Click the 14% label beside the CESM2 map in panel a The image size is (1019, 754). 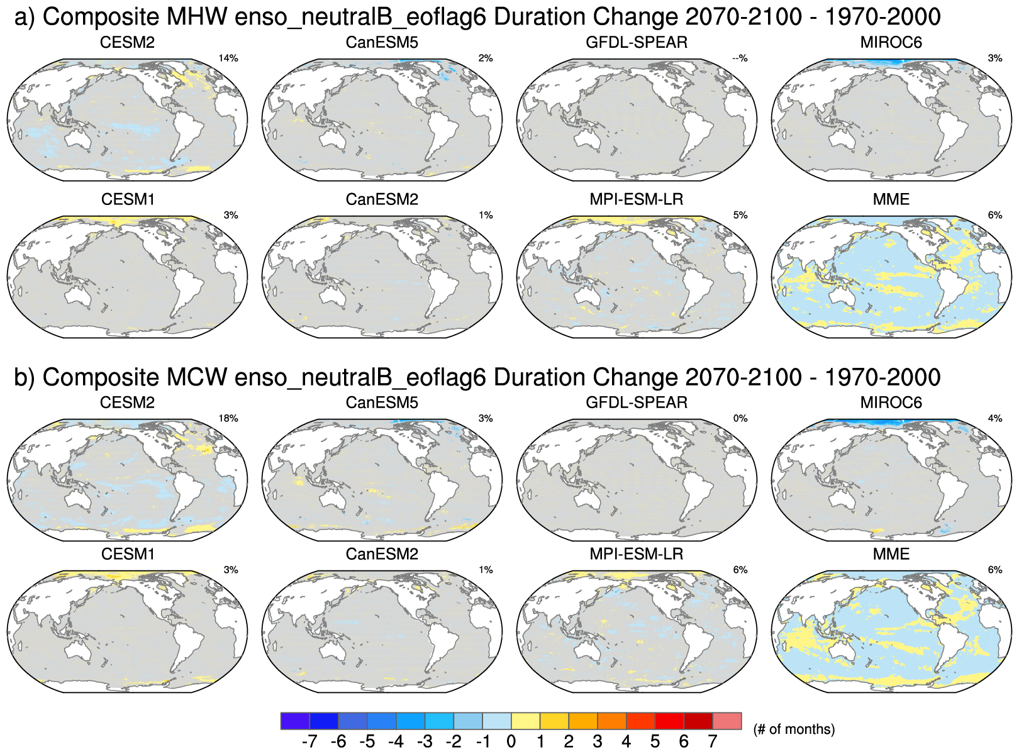click(228, 58)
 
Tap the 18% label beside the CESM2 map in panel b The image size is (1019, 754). click(228, 419)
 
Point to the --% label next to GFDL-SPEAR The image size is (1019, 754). click(740, 58)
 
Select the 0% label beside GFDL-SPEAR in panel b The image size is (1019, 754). click(740, 419)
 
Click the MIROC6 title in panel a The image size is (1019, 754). click(891, 43)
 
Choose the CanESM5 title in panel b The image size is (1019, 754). click(382, 403)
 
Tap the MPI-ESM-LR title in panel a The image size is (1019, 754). click(637, 200)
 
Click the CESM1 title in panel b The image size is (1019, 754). click(128, 555)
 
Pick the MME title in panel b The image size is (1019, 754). click(891, 555)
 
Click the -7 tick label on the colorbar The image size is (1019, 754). click(309, 742)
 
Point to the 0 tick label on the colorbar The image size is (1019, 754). click(511, 742)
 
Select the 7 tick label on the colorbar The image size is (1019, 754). click(713, 742)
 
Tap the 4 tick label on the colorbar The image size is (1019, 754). click(626, 742)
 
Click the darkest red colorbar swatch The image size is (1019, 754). click(698, 721)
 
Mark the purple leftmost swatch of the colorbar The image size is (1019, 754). click(295, 721)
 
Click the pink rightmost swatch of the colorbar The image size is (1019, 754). click(727, 721)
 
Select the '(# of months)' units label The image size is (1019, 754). click(794, 729)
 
